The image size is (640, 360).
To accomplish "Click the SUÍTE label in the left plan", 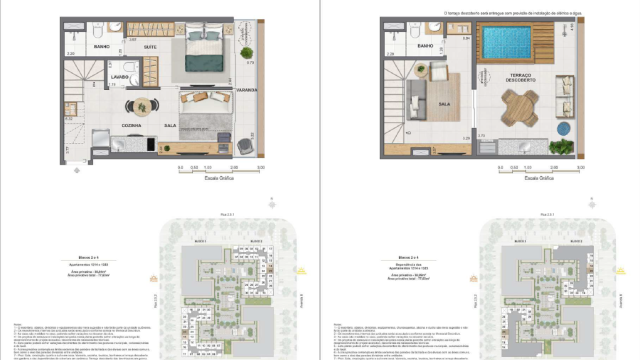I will coord(149,47).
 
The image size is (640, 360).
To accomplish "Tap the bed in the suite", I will coord(204,55).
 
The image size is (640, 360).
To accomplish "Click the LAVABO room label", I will coord(119,76).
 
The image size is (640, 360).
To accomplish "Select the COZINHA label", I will coord(132,125).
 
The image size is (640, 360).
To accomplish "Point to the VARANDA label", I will coord(249,90).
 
